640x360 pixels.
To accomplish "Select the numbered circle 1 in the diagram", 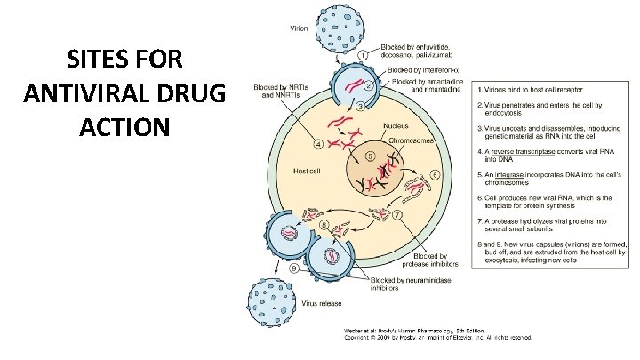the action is [x=364, y=55].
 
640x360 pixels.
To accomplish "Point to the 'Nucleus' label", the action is [x=397, y=125].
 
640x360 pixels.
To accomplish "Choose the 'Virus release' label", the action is [x=322, y=303].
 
